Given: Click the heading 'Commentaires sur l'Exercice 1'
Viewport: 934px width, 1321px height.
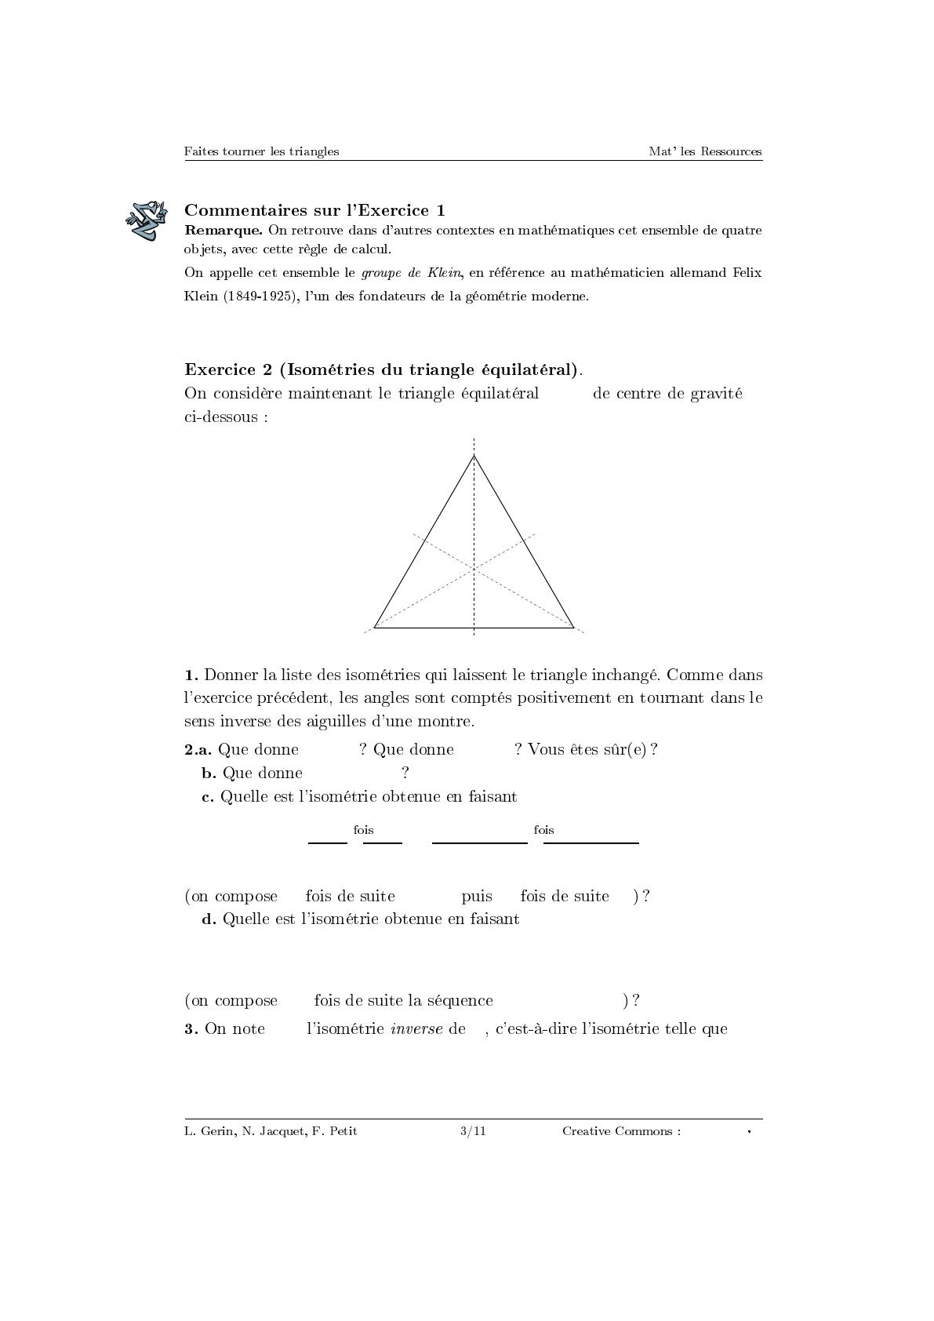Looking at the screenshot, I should [314, 210].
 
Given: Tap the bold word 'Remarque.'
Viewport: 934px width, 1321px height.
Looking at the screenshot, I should [224, 231].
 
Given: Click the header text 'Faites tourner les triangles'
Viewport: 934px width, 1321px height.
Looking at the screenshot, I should [261, 151].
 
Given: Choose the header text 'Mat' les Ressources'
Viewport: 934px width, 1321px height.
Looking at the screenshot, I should [705, 151].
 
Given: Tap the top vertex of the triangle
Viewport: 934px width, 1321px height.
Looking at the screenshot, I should [474, 456].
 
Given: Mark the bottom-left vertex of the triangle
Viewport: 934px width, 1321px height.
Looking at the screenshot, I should [375, 627].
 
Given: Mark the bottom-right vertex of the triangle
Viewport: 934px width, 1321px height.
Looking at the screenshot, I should [573, 627].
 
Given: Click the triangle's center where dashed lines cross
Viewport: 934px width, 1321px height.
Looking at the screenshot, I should [474, 570].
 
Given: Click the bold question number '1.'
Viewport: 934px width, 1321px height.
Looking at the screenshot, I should [191, 675].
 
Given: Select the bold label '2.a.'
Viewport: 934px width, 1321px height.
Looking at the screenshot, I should [198, 750].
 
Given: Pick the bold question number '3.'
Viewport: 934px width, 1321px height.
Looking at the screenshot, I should [191, 1029].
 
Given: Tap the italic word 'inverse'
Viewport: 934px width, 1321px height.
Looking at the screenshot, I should [416, 1029].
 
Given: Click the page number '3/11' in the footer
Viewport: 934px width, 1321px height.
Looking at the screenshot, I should [473, 1131].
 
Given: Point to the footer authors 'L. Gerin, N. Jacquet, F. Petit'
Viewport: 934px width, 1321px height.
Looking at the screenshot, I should [271, 1131].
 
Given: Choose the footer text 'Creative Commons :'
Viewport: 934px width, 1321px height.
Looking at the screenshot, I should [621, 1131].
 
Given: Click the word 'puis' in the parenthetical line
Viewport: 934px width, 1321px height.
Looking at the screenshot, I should [477, 897].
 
